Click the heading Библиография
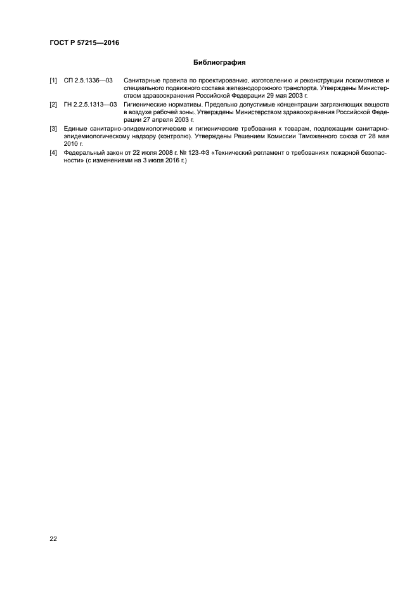point(219,63)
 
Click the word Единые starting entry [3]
point(77,129)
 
